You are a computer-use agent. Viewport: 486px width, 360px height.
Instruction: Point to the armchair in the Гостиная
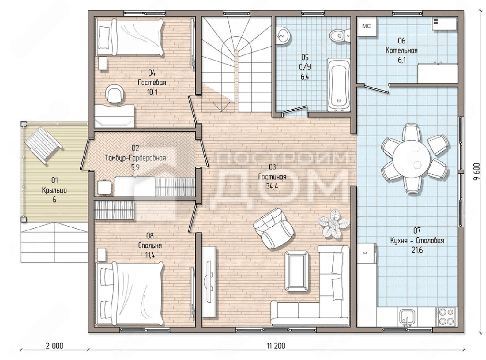273,228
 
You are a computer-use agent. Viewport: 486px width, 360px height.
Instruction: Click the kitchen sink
407,317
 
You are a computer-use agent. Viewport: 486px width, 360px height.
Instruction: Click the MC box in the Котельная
367,27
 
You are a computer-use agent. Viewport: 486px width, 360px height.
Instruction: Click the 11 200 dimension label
276,346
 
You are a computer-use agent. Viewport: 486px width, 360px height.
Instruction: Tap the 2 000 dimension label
54,346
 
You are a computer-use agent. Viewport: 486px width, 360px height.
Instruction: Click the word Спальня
150,245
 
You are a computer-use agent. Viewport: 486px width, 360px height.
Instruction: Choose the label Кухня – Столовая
417,240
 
